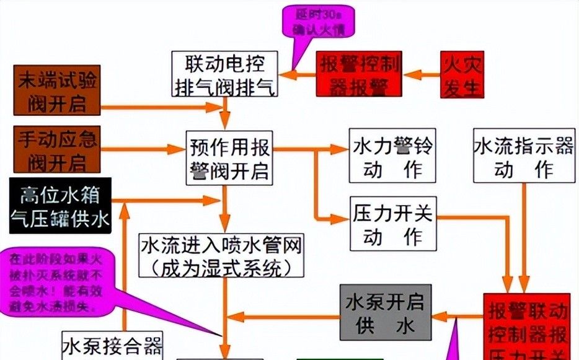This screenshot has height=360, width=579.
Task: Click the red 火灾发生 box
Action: (x=462, y=74)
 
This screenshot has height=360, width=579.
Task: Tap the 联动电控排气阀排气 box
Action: (x=224, y=74)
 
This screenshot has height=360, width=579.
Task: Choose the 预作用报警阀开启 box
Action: (x=229, y=158)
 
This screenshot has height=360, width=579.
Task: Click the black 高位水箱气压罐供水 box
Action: (x=60, y=206)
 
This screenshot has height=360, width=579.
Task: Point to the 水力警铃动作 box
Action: (x=392, y=156)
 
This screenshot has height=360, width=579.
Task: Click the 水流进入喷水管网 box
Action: (x=222, y=255)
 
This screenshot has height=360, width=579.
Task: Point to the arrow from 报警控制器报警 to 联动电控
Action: (x=297, y=75)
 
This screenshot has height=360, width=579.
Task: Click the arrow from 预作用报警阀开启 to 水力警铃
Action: (x=310, y=149)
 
